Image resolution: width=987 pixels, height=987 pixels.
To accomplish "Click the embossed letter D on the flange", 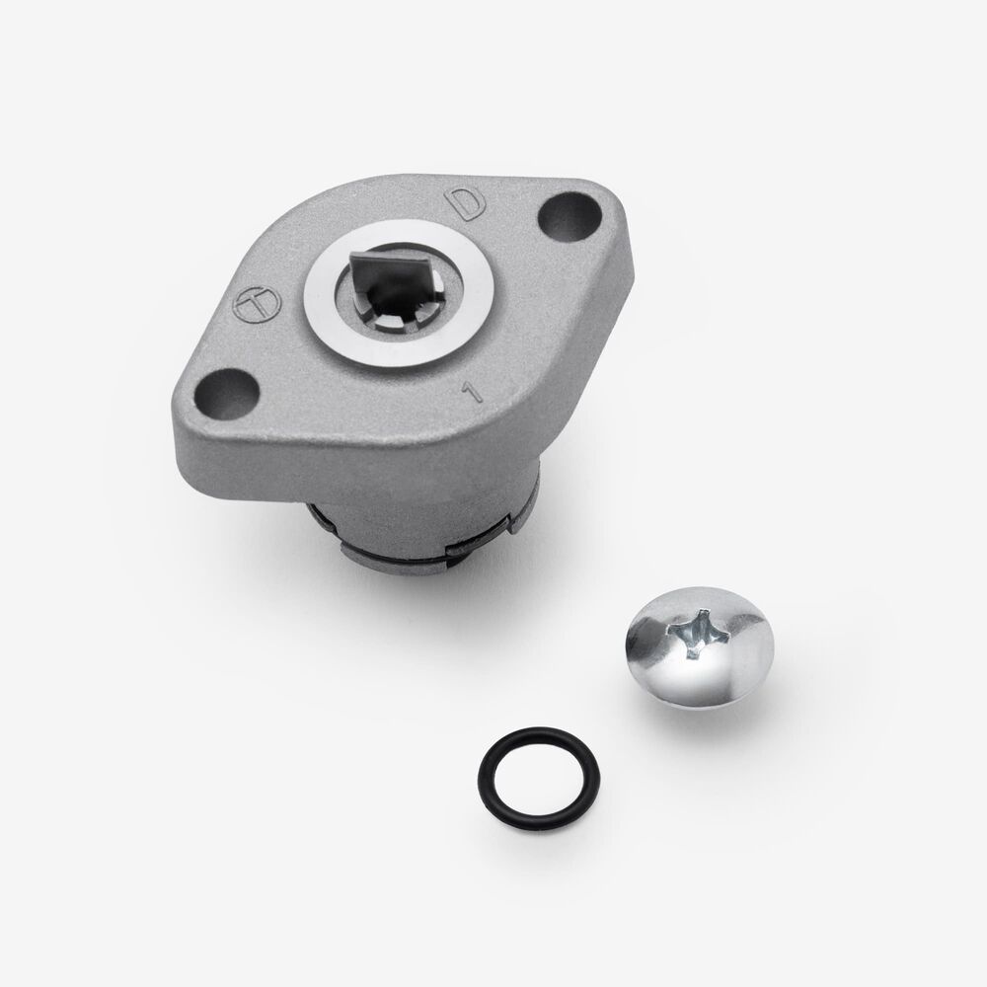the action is [466, 202].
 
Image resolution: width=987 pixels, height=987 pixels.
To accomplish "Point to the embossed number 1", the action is [472, 391].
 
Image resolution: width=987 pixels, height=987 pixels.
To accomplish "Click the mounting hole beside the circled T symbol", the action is [227, 394].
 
